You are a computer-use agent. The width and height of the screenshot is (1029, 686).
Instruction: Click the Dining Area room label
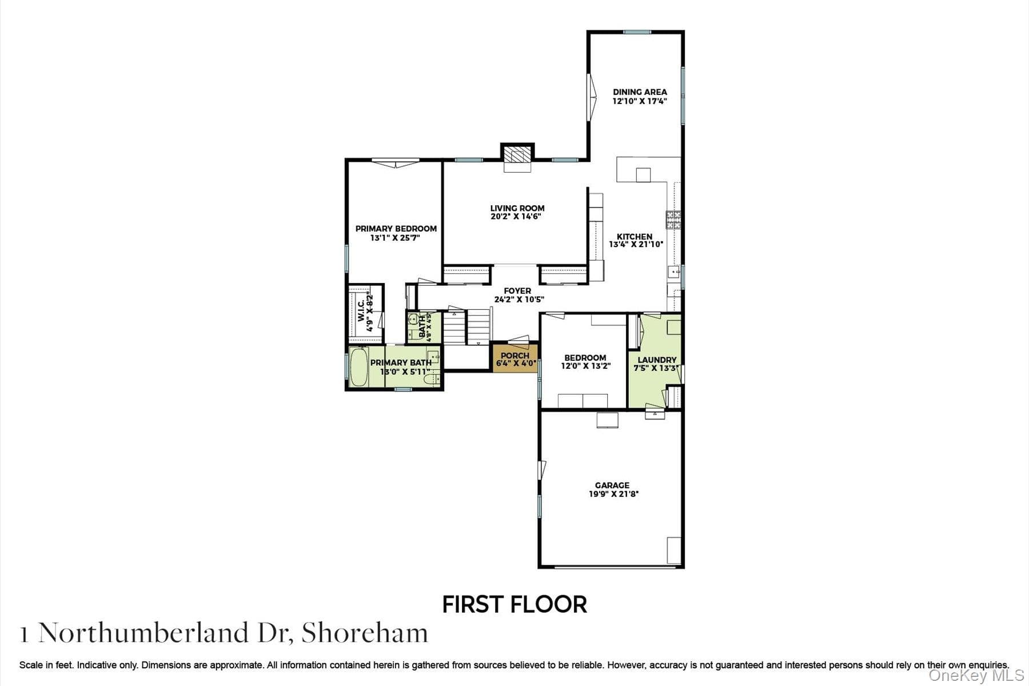640,91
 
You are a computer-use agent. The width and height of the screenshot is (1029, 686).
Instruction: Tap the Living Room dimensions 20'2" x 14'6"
516,217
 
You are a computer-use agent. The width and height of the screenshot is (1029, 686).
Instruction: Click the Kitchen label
634,236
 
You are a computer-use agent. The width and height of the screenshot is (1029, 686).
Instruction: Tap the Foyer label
517,291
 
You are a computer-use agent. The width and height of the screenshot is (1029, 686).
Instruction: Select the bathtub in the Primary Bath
359,367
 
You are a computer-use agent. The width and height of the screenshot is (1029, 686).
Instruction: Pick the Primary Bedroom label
396,229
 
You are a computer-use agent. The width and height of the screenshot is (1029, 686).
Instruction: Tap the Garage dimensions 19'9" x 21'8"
613,494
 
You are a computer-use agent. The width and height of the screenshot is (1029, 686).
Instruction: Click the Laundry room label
657,360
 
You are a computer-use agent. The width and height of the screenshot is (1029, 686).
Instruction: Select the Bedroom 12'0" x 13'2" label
585,362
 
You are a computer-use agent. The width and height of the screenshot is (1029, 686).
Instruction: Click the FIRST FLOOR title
514,604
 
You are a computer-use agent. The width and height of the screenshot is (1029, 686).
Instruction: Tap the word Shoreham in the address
365,633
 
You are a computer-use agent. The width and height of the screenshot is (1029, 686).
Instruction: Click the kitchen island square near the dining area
643,174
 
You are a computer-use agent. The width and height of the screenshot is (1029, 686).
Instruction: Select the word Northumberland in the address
143,633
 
